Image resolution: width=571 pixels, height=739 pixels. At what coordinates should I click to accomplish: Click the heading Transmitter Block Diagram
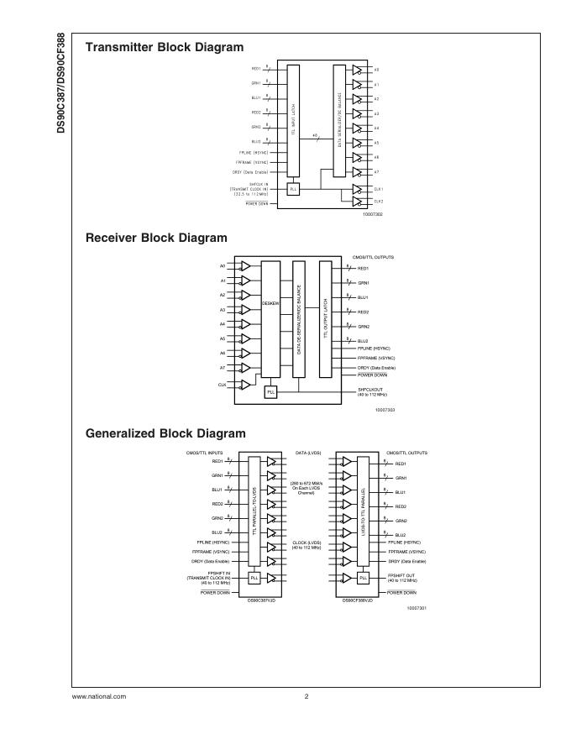[165, 47]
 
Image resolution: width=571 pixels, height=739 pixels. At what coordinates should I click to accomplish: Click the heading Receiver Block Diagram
[156, 238]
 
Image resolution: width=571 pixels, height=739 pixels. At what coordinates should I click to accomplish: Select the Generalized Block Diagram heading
[165, 433]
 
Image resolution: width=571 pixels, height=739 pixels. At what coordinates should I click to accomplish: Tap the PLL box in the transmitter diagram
[293, 189]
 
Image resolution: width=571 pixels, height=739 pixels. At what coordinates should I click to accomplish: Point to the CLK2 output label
[378, 202]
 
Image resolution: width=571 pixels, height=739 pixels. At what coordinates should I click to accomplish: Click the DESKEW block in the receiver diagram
[270, 302]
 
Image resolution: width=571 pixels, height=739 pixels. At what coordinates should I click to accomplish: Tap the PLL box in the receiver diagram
[270, 392]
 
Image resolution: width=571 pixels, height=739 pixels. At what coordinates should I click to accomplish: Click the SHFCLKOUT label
[372, 389]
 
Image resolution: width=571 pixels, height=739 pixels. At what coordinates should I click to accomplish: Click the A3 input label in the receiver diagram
[223, 310]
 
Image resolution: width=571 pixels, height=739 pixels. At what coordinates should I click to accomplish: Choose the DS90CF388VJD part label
[359, 600]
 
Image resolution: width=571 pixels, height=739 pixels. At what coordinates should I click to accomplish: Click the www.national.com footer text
[99, 696]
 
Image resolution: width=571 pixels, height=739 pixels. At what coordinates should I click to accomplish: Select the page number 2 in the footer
[306, 696]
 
